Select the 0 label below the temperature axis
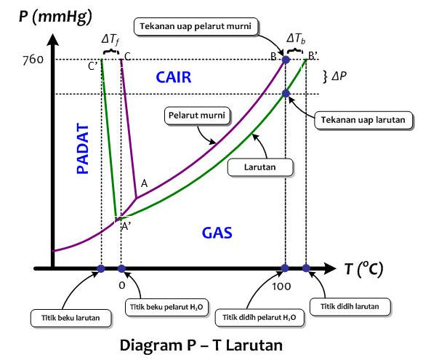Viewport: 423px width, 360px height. tap(122, 286)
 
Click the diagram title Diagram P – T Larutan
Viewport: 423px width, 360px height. tap(211, 343)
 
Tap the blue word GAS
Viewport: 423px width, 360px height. tap(217, 233)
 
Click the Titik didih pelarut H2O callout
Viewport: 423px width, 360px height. tap(258, 317)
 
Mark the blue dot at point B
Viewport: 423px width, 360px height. tap(286, 60)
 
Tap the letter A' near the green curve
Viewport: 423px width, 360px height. tap(126, 225)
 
